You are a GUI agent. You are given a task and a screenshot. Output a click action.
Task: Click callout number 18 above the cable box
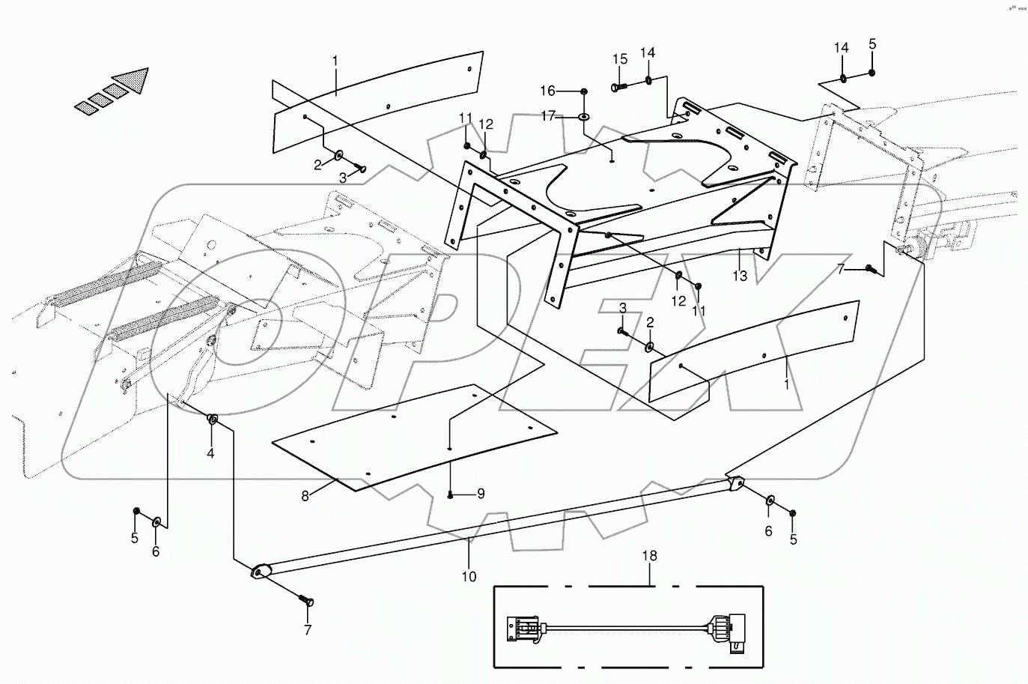coord(650,556)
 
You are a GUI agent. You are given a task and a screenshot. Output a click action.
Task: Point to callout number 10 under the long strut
coord(469,577)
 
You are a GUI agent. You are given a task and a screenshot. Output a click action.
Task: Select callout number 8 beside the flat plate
coord(305,495)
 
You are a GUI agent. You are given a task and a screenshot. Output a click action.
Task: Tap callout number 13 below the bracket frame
coord(740,276)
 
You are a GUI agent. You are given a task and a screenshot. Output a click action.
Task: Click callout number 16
coord(548,91)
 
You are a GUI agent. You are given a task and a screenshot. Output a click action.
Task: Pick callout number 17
coord(548,116)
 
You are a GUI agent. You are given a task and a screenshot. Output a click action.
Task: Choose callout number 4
coord(210,453)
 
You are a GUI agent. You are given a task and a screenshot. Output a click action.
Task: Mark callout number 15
coord(620,59)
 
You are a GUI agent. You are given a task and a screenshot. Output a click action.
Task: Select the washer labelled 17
coord(584,117)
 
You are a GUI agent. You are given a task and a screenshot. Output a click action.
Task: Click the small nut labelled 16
coord(584,91)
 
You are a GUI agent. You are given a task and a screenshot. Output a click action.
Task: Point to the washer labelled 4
coord(213,419)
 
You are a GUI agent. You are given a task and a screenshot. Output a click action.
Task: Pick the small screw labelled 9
coord(450,494)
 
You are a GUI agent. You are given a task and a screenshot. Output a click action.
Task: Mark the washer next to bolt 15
coord(648,80)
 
